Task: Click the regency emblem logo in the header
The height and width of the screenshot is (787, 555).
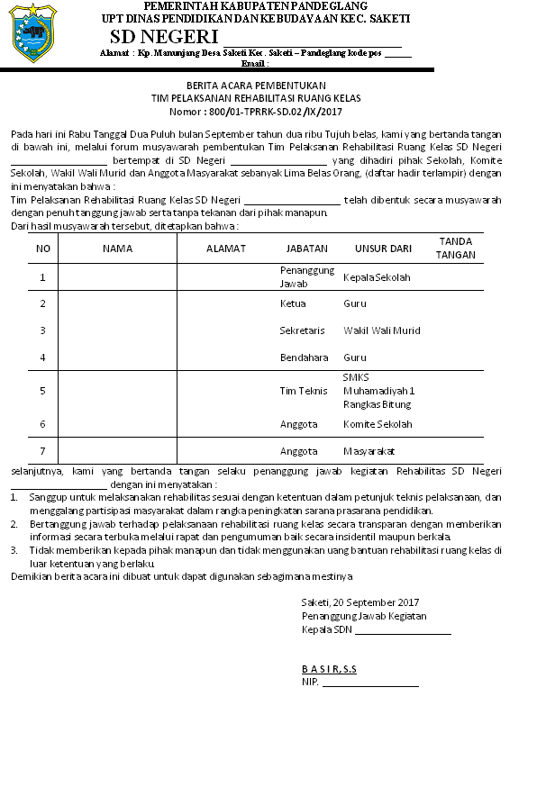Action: pyautogui.click(x=32, y=32)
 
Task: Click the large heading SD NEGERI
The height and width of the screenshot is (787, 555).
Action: pyautogui.click(x=164, y=37)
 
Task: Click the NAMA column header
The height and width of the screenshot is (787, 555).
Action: pyautogui.click(x=117, y=248)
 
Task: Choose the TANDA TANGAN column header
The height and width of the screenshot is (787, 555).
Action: pyautogui.click(x=455, y=248)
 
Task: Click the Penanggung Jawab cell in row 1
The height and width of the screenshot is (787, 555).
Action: pyautogui.click(x=306, y=276)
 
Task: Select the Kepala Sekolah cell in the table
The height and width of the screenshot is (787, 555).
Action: pyautogui.click(x=377, y=277)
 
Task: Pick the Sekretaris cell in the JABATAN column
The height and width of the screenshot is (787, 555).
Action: pyautogui.click(x=302, y=330)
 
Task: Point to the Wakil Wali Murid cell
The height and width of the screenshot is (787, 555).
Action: pyautogui.click(x=382, y=330)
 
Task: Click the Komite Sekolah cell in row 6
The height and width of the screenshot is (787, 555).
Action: pyautogui.click(x=378, y=424)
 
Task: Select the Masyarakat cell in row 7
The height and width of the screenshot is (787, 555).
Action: pyautogui.click(x=369, y=451)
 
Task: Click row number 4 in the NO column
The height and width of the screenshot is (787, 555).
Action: pyautogui.click(x=42, y=357)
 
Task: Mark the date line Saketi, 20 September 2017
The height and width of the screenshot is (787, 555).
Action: pyautogui.click(x=360, y=602)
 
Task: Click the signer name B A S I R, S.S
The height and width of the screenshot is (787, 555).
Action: pyautogui.click(x=329, y=669)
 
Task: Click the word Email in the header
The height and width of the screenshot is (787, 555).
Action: pyautogui.click(x=255, y=64)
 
